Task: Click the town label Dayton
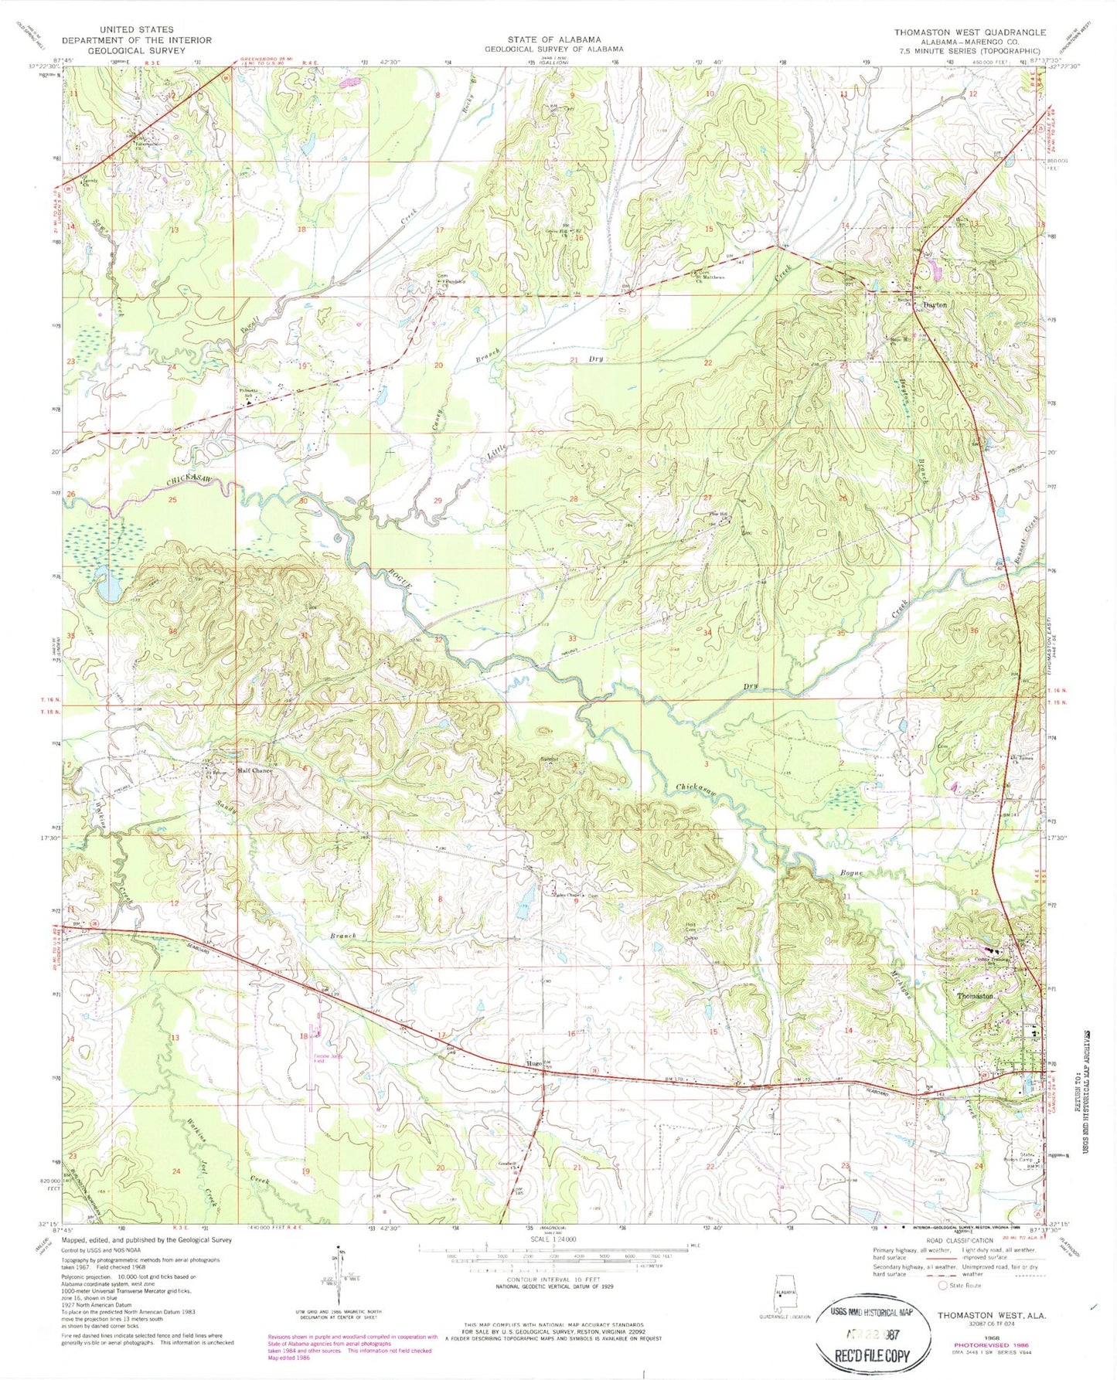(x=935, y=304)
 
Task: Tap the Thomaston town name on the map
(x=976, y=996)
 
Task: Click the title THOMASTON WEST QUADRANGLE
(x=969, y=32)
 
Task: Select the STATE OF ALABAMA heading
(x=553, y=39)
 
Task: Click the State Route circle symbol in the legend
(x=942, y=1286)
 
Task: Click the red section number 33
(x=572, y=638)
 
